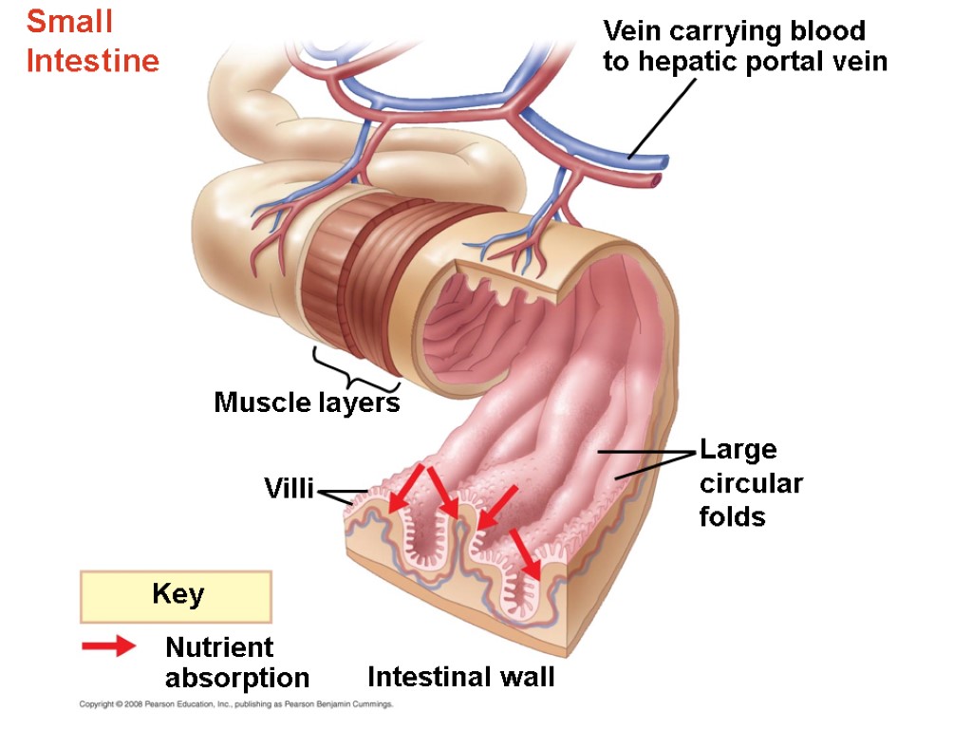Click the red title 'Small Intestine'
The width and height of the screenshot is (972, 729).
(x=92, y=42)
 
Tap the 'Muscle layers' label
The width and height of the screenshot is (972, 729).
(x=307, y=402)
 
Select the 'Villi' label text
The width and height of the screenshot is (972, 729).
(x=288, y=490)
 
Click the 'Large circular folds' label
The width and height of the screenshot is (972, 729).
(x=750, y=483)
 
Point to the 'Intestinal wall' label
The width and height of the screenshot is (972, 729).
(x=460, y=678)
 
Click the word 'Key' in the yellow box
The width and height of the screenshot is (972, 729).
(x=178, y=595)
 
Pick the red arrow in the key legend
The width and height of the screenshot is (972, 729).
(x=108, y=647)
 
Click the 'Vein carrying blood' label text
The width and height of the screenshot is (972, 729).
(x=734, y=31)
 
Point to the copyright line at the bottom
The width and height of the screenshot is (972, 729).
(x=234, y=705)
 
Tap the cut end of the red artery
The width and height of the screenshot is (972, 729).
(x=656, y=178)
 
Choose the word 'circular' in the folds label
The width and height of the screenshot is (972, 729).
(x=751, y=484)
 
